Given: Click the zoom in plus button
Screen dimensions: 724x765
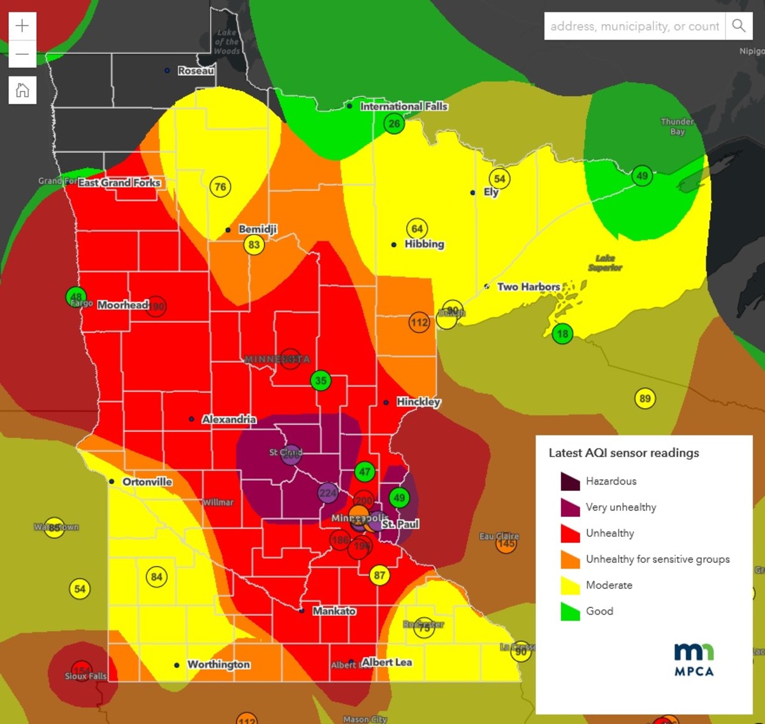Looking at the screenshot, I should click(22, 26).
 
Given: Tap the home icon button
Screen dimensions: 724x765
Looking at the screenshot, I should click(22, 90).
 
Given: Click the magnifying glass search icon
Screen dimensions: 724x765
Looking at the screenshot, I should click(739, 26).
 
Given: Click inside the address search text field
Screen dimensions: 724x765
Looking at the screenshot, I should click(634, 26).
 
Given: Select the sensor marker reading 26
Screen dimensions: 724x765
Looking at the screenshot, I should click(395, 124).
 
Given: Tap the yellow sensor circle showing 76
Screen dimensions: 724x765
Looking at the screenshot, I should click(220, 187).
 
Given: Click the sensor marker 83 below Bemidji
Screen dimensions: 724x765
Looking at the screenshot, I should click(254, 245).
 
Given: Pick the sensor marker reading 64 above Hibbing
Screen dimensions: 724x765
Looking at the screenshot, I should click(417, 229).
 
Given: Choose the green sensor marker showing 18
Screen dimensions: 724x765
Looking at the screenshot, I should click(562, 334).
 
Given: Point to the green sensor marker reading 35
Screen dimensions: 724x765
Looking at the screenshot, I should click(321, 381).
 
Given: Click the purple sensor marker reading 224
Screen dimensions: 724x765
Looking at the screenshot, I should click(328, 492).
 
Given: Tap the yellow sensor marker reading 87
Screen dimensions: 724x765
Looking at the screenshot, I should click(379, 576).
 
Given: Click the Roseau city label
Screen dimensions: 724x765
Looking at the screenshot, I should click(196, 71).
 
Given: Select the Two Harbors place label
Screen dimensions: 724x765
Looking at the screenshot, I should click(528, 287).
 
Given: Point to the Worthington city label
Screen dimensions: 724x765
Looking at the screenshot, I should click(219, 664).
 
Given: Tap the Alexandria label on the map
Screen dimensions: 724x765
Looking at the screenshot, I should click(229, 419).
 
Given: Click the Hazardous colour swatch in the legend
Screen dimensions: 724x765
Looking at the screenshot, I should click(570, 481).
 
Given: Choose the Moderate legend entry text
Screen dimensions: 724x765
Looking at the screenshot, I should click(609, 585).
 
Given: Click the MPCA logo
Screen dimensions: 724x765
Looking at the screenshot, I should click(694, 659).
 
